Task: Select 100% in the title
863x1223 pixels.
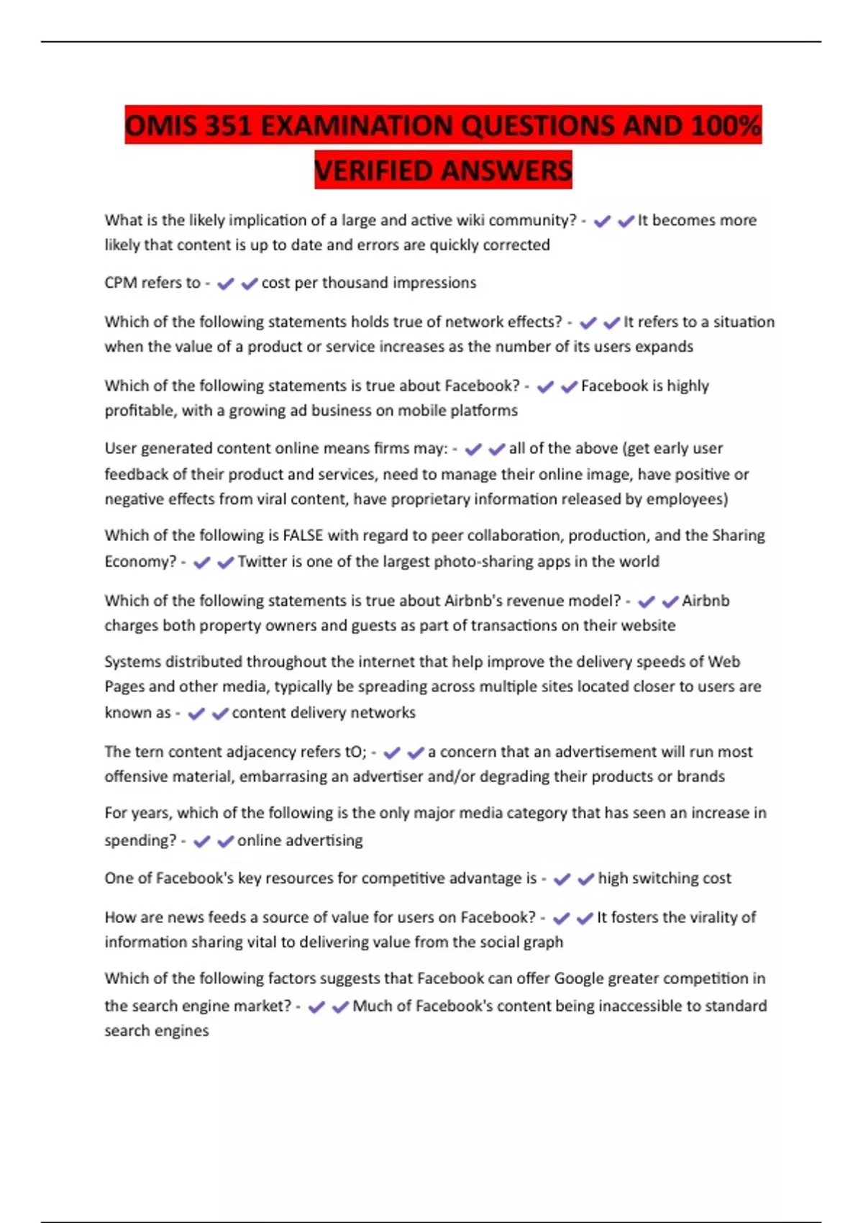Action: [726, 126]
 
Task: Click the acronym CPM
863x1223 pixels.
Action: [121, 283]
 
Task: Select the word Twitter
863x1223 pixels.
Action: [262, 561]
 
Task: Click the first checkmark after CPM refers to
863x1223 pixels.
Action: [226, 283]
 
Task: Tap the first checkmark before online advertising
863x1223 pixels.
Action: [202, 841]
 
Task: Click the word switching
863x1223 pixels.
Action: [660, 878]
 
